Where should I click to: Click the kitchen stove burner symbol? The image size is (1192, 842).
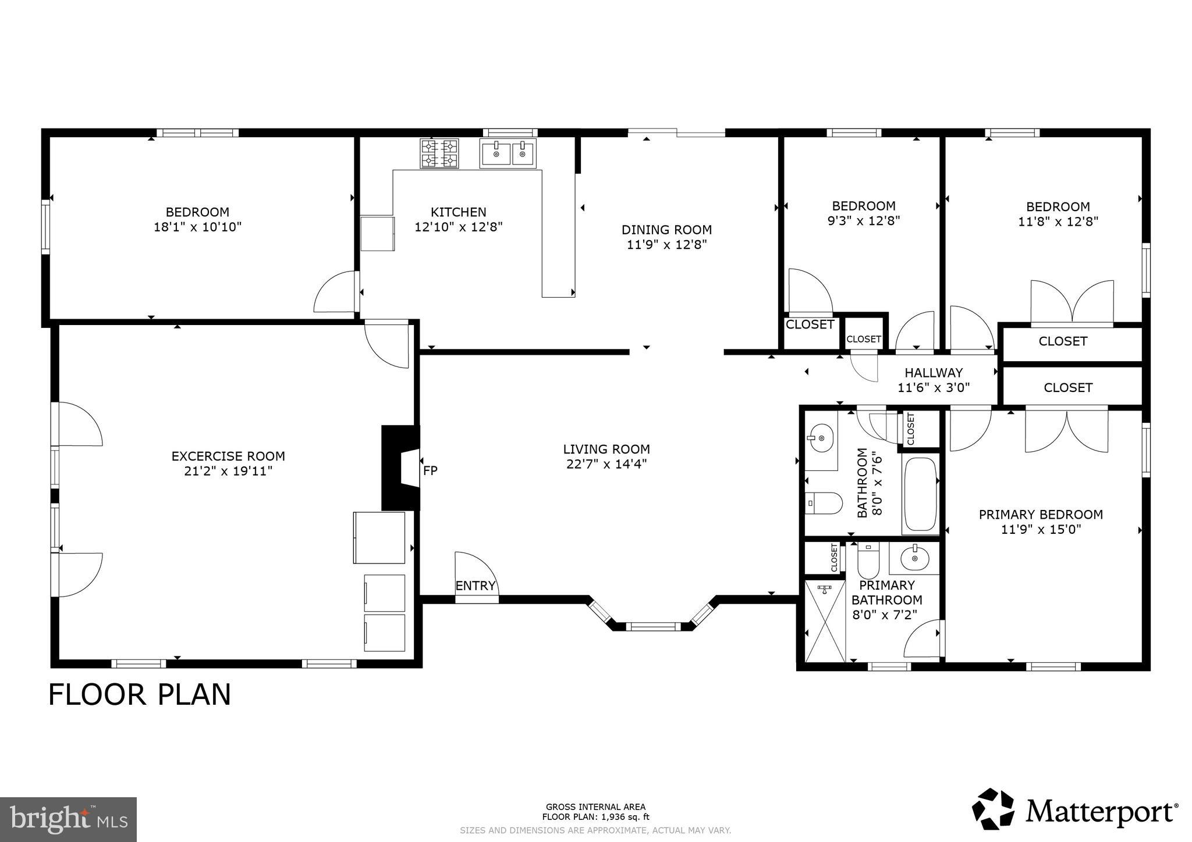tap(439, 154)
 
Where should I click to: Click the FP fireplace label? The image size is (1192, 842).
tap(430, 470)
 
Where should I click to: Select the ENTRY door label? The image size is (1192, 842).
tap(475, 586)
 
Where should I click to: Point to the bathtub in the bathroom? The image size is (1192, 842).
tap(920, 494)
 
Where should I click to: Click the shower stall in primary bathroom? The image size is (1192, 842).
tap(824, 620)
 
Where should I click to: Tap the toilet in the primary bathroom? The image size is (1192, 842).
tap(868, 559)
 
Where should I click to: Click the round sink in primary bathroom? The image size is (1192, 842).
tap(915, 559)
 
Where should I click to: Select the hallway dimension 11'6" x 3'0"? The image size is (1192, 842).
tap(934, 388)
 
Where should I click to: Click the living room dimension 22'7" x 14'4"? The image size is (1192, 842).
tap(606, 464)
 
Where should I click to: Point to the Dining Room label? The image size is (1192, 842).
tap(666, 230)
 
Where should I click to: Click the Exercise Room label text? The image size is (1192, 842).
tap(228, 456)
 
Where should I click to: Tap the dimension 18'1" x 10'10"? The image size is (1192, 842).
tap(197, 227)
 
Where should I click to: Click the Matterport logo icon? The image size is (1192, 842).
tap(993, 809)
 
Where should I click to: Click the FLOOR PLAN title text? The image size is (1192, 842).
tap(140, 694)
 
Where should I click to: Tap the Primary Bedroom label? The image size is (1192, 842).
tap(1041, 514)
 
